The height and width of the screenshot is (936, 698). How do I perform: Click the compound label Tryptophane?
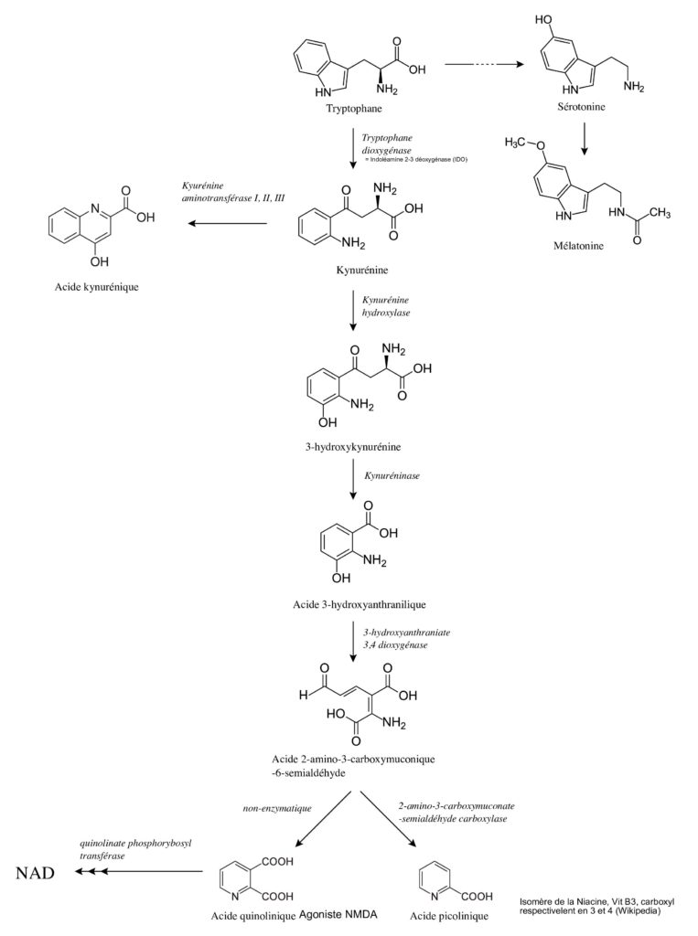click(x=354, y=109)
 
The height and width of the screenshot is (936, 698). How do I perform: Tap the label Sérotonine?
click(x=581, y=107)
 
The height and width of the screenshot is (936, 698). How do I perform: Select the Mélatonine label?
click(x=578, y=245)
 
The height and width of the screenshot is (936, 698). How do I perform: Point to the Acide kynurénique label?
click(x=96, y=287)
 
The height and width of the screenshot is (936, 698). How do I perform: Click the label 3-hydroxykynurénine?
click(x=353, y=447)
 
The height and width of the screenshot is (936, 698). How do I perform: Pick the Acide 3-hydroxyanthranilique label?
click(x=360, y=605)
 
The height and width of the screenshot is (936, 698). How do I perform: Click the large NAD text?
click(x=36, y=873)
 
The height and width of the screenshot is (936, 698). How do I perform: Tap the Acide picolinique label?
click(x=449, y=916)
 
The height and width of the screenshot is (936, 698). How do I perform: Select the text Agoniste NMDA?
click(x=338, y=914)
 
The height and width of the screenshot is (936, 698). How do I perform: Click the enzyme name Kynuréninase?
click(x=392, y=475)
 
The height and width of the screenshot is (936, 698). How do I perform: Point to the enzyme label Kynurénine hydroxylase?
click(x=386, y=306)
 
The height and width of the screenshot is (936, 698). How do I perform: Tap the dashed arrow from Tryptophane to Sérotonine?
click(x=484, y=64)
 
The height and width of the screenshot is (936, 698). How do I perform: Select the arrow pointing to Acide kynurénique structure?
click(x=227, y=224)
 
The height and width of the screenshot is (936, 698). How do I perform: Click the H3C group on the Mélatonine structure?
click(x=516, y=144)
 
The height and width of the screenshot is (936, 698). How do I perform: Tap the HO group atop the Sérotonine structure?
click(x=543, y=20)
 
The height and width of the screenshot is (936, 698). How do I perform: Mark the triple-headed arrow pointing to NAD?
click(x=139, y=872)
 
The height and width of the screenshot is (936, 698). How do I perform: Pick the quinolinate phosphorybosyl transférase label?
click(x=135, y=849)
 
